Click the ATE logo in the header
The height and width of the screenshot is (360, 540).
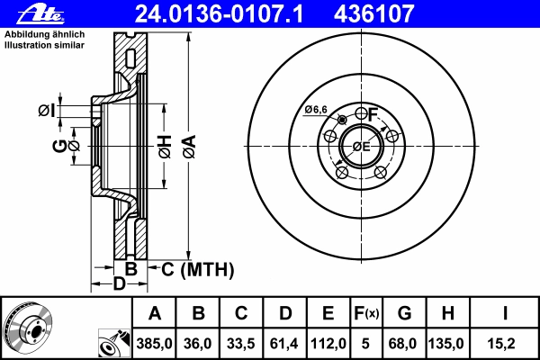coord(40,14)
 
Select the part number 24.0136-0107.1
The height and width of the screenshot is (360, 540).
coord(219,14)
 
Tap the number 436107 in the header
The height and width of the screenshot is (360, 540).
coord(373,14)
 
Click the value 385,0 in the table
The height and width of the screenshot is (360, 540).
coord(154,344)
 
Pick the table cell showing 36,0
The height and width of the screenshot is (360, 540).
coord(198,344)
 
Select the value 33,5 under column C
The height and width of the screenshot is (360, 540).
coord(241,344)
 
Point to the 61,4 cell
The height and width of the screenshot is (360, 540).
coord(284,344)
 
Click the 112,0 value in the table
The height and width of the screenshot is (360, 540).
coord(328,344)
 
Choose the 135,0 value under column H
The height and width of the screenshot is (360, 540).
coord(446,344)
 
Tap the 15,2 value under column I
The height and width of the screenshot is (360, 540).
coord(501,344)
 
